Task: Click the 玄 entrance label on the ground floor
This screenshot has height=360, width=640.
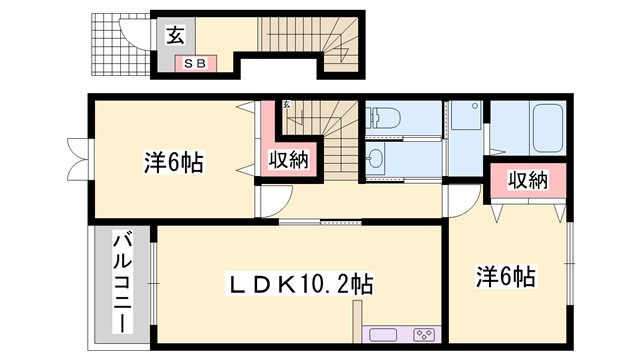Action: pyautogui.click(x=174, y=37)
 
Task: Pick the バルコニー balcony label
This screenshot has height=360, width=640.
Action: pyautogui.click(x=120, y=283)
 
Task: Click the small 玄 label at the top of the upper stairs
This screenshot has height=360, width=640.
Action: pyautogui.click(x=286, y=104)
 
